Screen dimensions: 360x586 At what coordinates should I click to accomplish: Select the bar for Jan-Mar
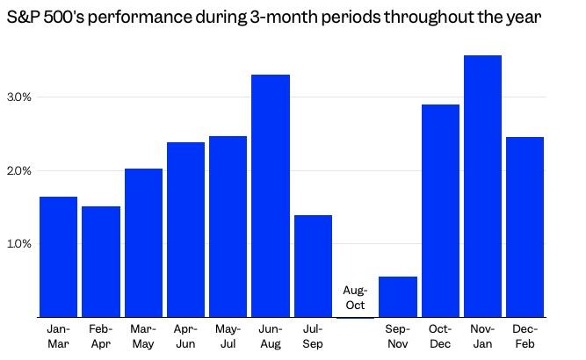pos(58,256)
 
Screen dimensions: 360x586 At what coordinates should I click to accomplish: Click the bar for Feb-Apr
pos(101,262)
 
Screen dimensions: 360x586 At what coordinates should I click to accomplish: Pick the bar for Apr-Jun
pos(185,229)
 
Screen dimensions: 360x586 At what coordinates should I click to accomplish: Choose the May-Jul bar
pos(228,227)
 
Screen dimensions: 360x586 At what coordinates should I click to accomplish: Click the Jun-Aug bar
pos(271,196)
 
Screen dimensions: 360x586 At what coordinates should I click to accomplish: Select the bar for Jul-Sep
pos(313,265)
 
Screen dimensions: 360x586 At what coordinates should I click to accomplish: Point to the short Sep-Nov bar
pos(398,296)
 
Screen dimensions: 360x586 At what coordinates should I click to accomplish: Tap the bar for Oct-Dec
pos(440,211)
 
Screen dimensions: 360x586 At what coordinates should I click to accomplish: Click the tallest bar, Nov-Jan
pos(482,186)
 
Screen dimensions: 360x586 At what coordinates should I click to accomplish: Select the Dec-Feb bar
pos(525,227)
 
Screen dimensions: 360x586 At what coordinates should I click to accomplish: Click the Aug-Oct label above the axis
pos(355,298)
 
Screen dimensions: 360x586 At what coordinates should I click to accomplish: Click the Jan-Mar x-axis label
pos(58,335)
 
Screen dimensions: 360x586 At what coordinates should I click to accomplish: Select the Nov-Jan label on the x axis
pos(482,335)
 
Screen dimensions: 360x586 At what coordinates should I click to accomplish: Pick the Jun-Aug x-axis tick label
pos(271,335)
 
